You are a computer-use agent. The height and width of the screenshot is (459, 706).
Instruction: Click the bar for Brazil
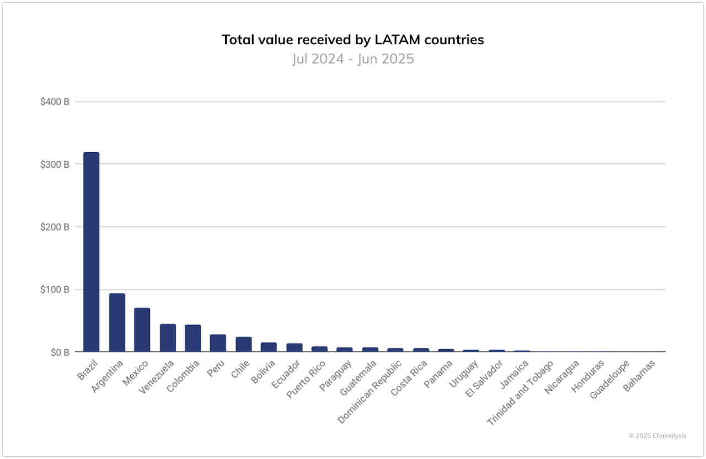tap(91, 252)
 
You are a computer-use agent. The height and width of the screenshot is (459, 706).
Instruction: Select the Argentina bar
tap(117, 323)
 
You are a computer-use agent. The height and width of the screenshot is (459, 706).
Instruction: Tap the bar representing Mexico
tap(142, 330)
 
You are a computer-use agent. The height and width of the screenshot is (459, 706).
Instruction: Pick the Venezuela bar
tap(168, 338)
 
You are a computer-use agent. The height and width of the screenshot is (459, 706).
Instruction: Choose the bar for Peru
tap(218, 343)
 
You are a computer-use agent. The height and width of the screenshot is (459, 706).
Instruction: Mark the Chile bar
tap(243, 344)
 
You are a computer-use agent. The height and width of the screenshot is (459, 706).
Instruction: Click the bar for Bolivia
tap(269, 347)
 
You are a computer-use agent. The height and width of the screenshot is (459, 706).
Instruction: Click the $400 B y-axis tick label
tap(55, 102)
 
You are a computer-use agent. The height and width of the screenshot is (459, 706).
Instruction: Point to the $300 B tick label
tap(55, 164)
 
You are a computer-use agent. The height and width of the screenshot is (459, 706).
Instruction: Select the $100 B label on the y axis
tap(55, 290)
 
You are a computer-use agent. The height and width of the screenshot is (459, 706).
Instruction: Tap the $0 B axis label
tap(58, 352)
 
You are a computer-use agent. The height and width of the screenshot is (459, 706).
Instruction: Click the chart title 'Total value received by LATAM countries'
tap(353, 40)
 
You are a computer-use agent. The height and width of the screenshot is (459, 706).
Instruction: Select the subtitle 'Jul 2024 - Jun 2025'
tap(353, 58)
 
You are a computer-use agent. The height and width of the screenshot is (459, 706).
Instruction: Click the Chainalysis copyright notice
tap(657, 436)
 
